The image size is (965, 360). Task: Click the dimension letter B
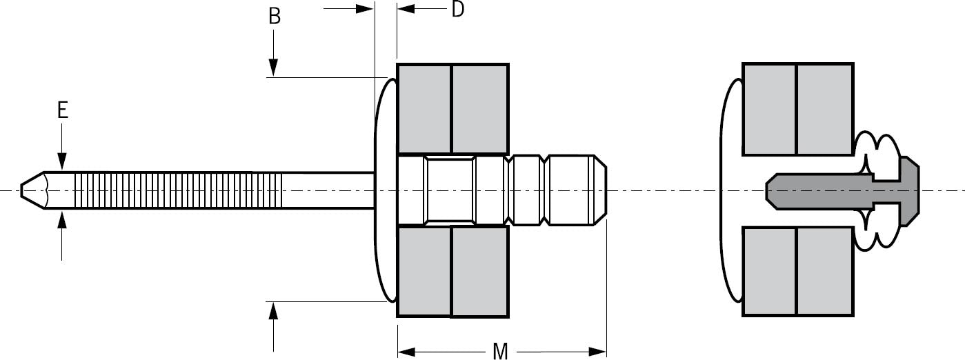coord(275,17)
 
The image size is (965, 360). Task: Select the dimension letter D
coord(457,10)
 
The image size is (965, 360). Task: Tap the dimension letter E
coord(63,110)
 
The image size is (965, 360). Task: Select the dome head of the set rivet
coord(731,190)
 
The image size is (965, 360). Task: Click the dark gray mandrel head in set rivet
coord(842,190)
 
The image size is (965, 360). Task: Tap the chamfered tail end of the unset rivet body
coord(600,190)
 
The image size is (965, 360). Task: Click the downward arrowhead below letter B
coord(274,68)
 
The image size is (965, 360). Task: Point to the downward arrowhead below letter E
coord(62,163)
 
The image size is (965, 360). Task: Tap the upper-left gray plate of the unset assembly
coord(424,108)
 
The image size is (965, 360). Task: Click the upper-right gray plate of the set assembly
coord(824,108)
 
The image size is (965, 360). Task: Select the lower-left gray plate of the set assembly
coord(769,271)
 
